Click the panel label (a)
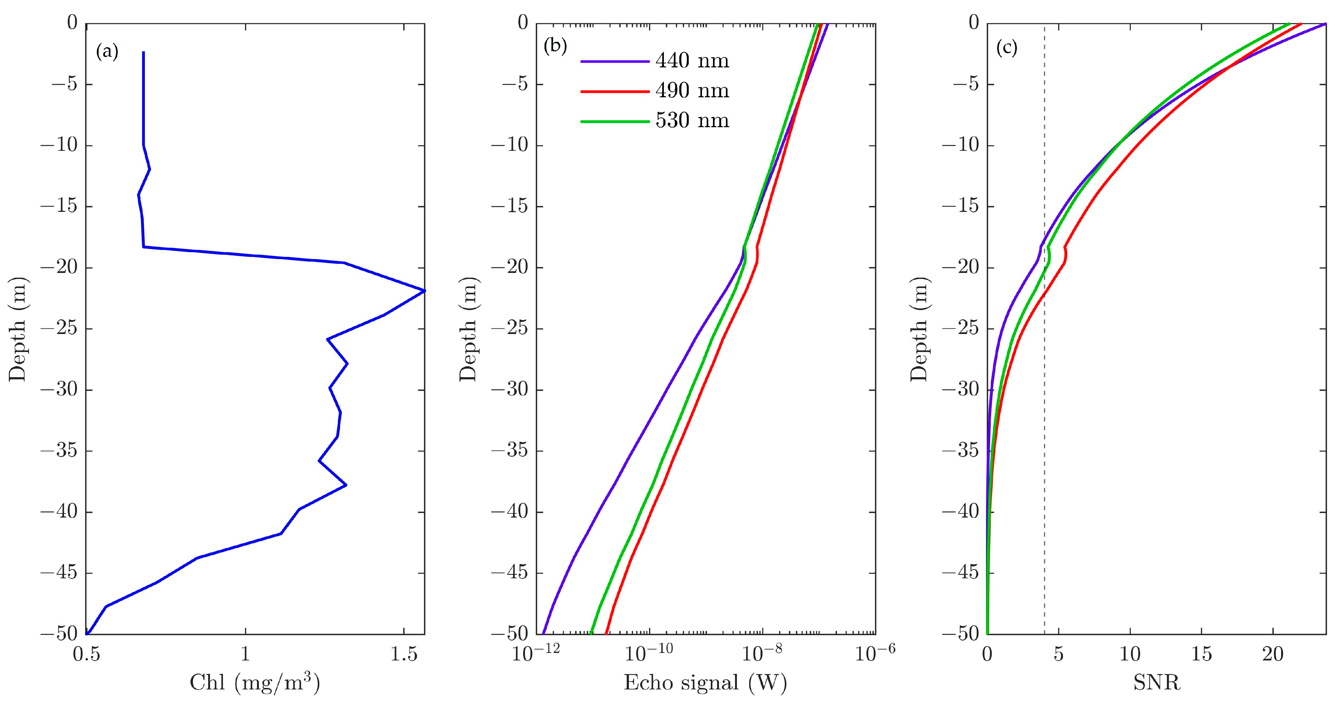pyautogui.click(x=107, y=52)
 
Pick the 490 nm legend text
pyautogui.click(x=692, y=91)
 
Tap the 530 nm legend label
pyautogui.click(x=692, y=121)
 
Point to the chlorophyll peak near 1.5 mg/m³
pyautogui.click(x=424, y=291)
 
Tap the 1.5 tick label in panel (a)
pyautogui.click(x=404, y=654)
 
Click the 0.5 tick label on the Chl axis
pyautogui.click(x=86, y=654)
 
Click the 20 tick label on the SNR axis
pyautogui.click(x=1272, y=654)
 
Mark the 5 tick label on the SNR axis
pyautogui.click(x=1058, y=654)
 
